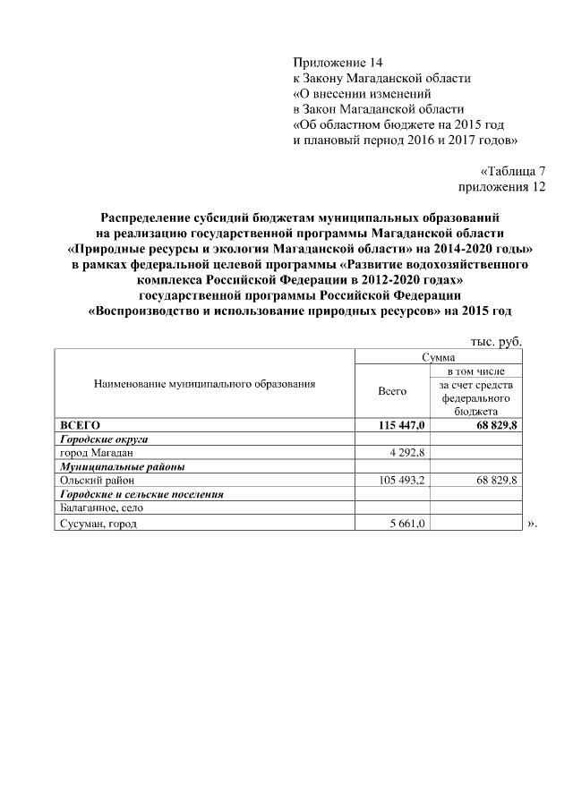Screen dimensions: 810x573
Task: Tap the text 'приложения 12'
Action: [x=500, y=188]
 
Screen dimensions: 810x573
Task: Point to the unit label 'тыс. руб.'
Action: [x=495, y=341]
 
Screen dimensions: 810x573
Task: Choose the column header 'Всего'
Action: [x=392, y=391]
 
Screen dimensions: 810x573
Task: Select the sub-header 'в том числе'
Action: [x=476, y=371]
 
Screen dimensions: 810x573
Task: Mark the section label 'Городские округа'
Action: [x=103, y=439]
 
